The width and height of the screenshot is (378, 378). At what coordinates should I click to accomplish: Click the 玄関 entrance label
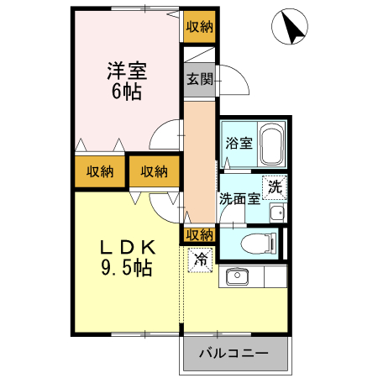tap(199, 81)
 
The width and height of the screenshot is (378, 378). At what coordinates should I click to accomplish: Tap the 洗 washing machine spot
tap(275, 187)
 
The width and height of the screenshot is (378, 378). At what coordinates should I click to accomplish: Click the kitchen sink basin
tap(236, 276)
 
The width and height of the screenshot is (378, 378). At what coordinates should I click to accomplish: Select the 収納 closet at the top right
tap(199, 26)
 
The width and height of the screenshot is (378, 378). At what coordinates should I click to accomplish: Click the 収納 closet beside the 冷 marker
tap(199, 234)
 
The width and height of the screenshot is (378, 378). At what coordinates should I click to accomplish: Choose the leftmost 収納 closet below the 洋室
tap(99, 172)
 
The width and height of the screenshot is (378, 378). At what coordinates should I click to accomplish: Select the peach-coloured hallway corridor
tap(200, 160)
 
